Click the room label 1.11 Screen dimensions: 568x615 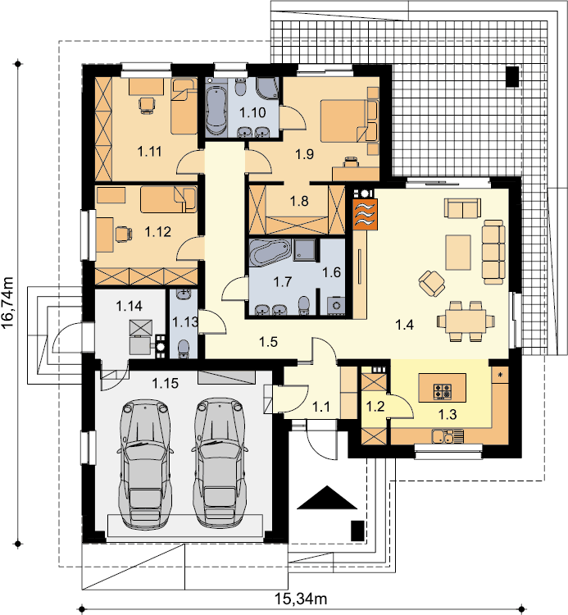[x=150, y=151]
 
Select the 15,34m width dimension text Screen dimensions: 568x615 [x=301, y=599]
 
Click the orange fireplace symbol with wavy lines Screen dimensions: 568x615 [x=365, y=214]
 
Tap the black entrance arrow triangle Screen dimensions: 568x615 [x=327, y=498]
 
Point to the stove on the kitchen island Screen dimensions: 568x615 [x=443, y=391]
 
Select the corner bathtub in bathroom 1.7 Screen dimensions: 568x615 [x=270, y=252]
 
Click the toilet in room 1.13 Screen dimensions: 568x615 [x=184, y=348]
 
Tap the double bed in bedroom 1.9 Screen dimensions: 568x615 [x=349, y=121]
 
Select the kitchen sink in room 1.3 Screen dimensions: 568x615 [x=448, y=435]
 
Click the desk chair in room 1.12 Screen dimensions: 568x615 [x=123, y=234]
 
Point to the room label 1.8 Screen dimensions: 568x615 [x=299, y=201]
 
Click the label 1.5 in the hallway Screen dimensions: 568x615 [x=269, y=342]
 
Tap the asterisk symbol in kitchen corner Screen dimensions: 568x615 [x=500, y=376]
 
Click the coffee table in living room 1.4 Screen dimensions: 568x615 [x=458, y=253]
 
